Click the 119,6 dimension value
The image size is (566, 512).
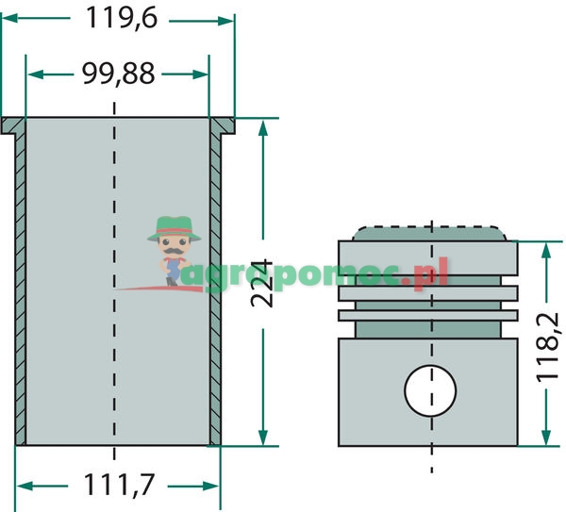(x=122, y=18)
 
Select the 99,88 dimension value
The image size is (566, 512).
(x=119, y=74)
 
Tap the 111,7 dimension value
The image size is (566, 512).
(x=119, y=485)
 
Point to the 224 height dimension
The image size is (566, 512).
(x=262, y=283)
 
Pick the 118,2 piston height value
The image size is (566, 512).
(x=547, y=348)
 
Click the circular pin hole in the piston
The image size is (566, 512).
(x=430, y=390)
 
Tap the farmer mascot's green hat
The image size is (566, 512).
(x=174, y=228)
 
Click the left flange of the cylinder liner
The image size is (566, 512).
(x=13, y=125)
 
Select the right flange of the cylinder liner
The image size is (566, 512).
(x=223, y=125)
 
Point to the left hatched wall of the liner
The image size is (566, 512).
(x=21, y=289)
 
